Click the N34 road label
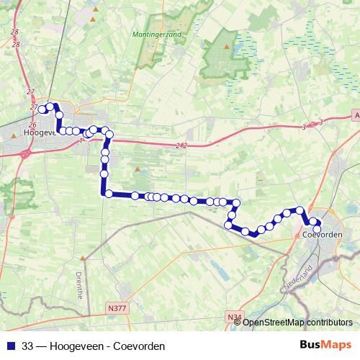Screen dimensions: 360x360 (233, 315)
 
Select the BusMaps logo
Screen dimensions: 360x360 (327, 345)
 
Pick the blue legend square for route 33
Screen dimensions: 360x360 (10, 346)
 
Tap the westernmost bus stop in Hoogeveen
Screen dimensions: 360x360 (42, 109)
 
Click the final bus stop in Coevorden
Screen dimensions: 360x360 (317, 230)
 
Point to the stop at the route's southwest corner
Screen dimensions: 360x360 (108, 193)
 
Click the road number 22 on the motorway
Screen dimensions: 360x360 (181, 145)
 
